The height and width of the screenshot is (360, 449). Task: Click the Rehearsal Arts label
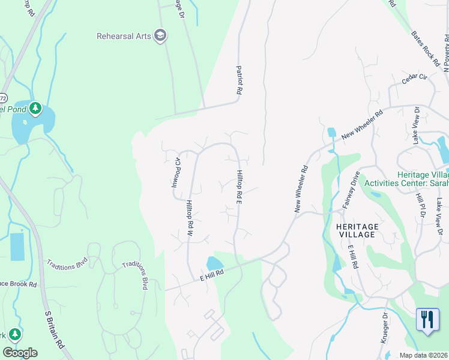tap(123, 36)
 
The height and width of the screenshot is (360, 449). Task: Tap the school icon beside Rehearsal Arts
tap(160, 36)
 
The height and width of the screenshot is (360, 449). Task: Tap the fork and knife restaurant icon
tap(427, 319)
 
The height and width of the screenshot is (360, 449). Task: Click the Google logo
tap(20, 353)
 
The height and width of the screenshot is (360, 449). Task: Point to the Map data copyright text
tap(423, 355)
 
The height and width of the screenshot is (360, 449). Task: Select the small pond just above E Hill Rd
tap(214, 263)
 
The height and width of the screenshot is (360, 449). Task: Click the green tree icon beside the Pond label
tap(35, 108)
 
